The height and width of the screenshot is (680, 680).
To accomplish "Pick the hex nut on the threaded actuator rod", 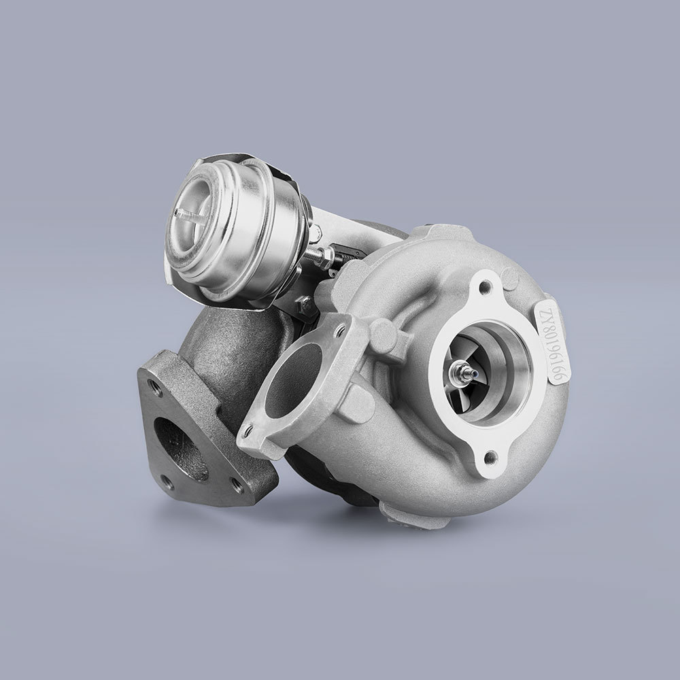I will click(x=324, y=256).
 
